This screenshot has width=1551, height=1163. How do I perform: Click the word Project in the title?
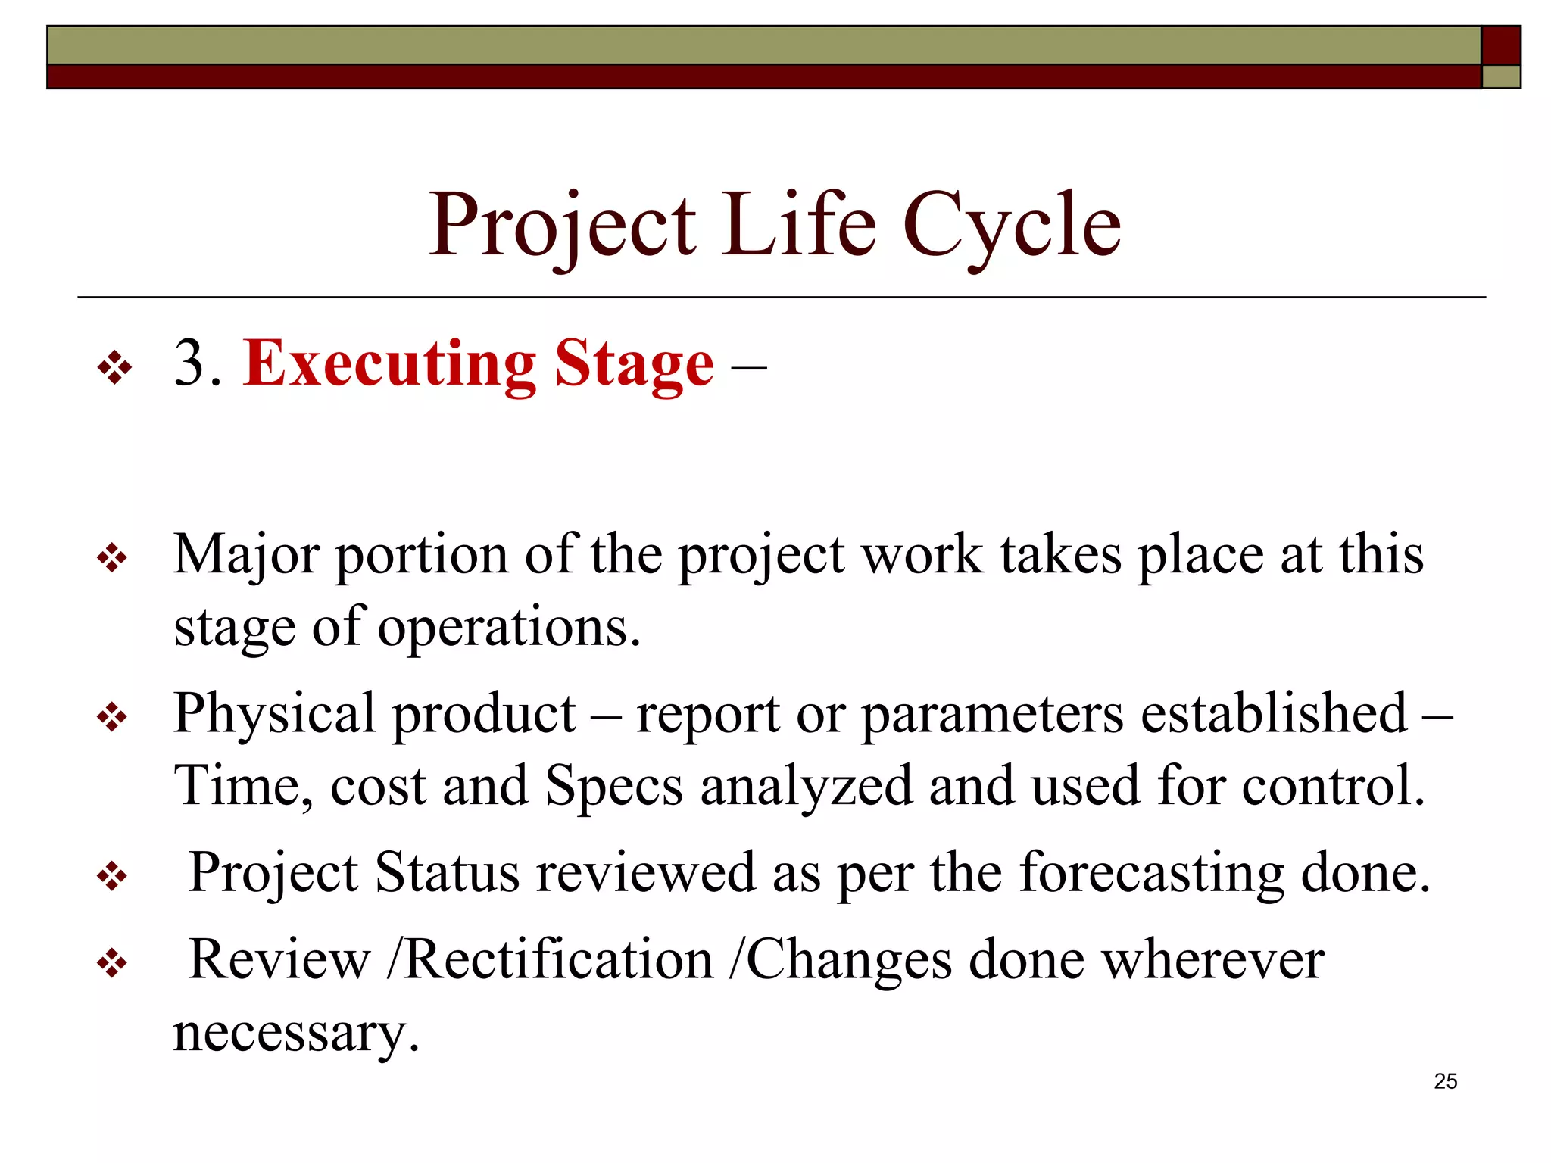[562, 226]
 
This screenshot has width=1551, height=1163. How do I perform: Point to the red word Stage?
[634, 366]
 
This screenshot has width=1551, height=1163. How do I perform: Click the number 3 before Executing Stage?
[189, 364]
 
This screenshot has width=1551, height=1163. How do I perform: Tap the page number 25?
[1445, 1081]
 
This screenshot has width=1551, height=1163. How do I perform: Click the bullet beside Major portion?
[112, 560]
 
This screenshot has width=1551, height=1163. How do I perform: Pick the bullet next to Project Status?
[112, 878]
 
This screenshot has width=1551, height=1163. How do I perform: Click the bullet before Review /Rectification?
[112, 964]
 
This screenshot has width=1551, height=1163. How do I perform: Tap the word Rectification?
[559, 959]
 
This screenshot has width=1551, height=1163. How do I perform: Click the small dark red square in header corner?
[1500, 45]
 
